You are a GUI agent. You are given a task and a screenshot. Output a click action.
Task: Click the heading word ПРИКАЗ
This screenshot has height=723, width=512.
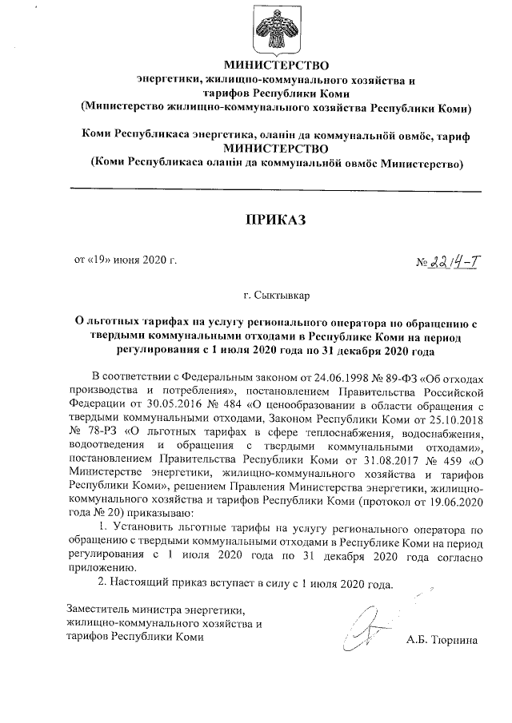click(x=276, y=219)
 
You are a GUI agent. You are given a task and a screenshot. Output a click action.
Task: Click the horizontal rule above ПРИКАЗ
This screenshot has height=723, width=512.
click(x=276, y=190)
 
